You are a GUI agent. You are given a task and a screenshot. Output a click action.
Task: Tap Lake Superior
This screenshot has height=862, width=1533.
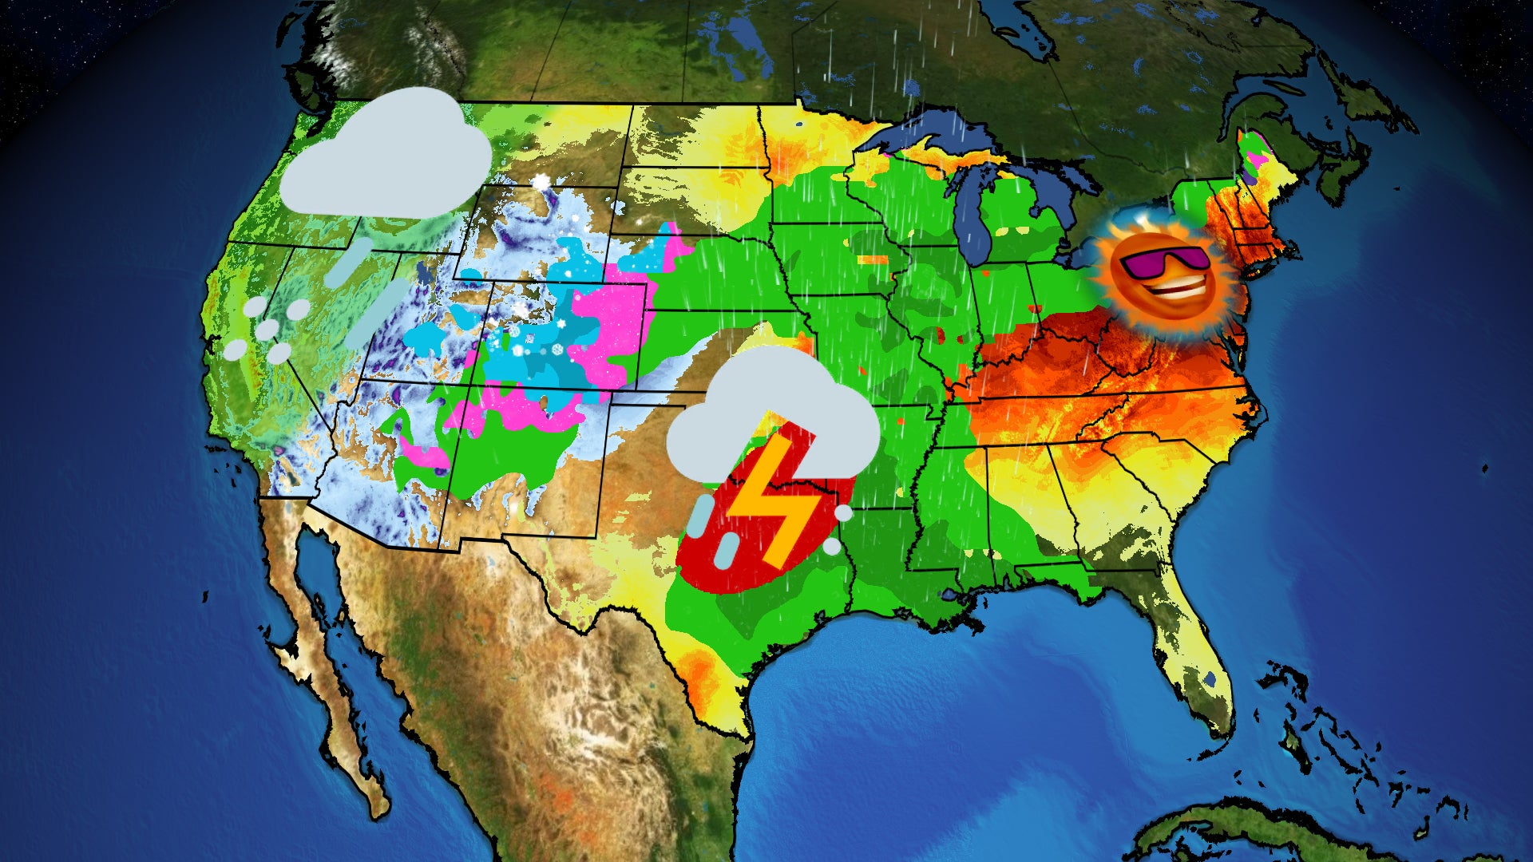[926, 132]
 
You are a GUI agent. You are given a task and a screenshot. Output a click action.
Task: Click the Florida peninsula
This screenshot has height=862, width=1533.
[1190, 639]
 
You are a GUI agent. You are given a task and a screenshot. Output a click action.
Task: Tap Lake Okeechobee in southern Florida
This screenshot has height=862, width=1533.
[1210, 680]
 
